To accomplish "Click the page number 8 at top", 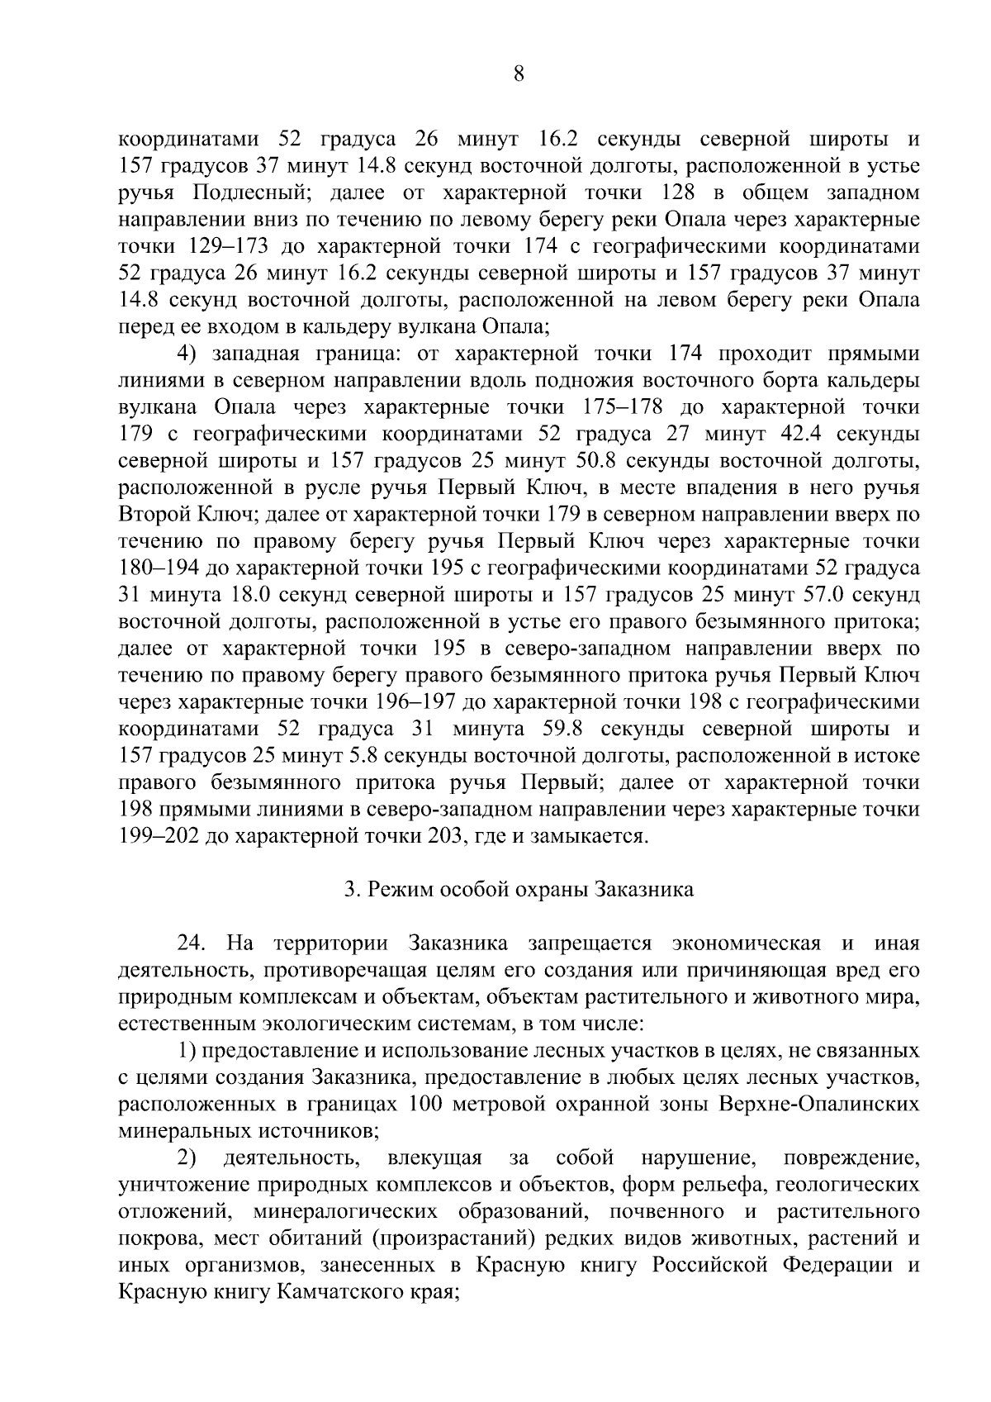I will tap(518, 74).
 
